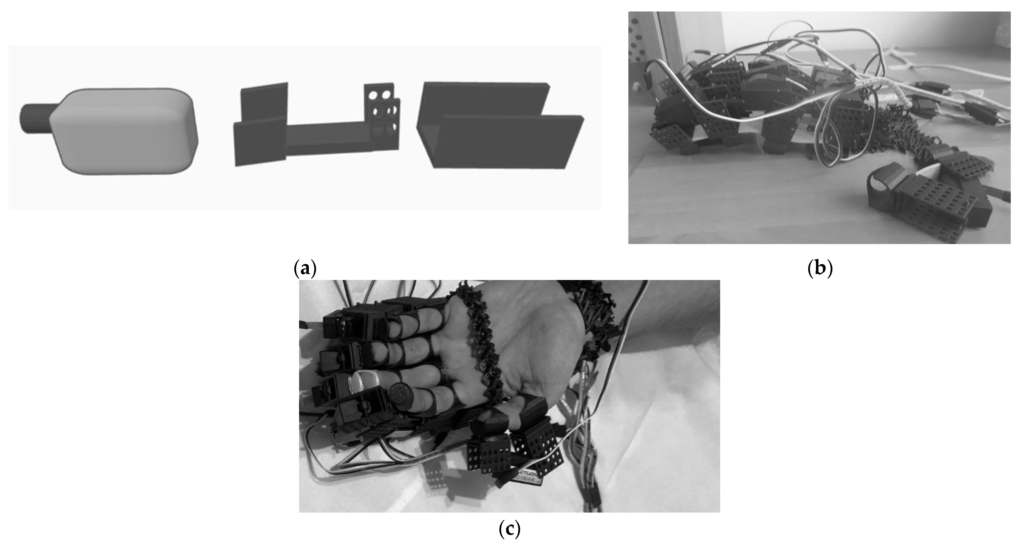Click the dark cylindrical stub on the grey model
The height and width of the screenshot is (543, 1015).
click(x=35, y=118)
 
